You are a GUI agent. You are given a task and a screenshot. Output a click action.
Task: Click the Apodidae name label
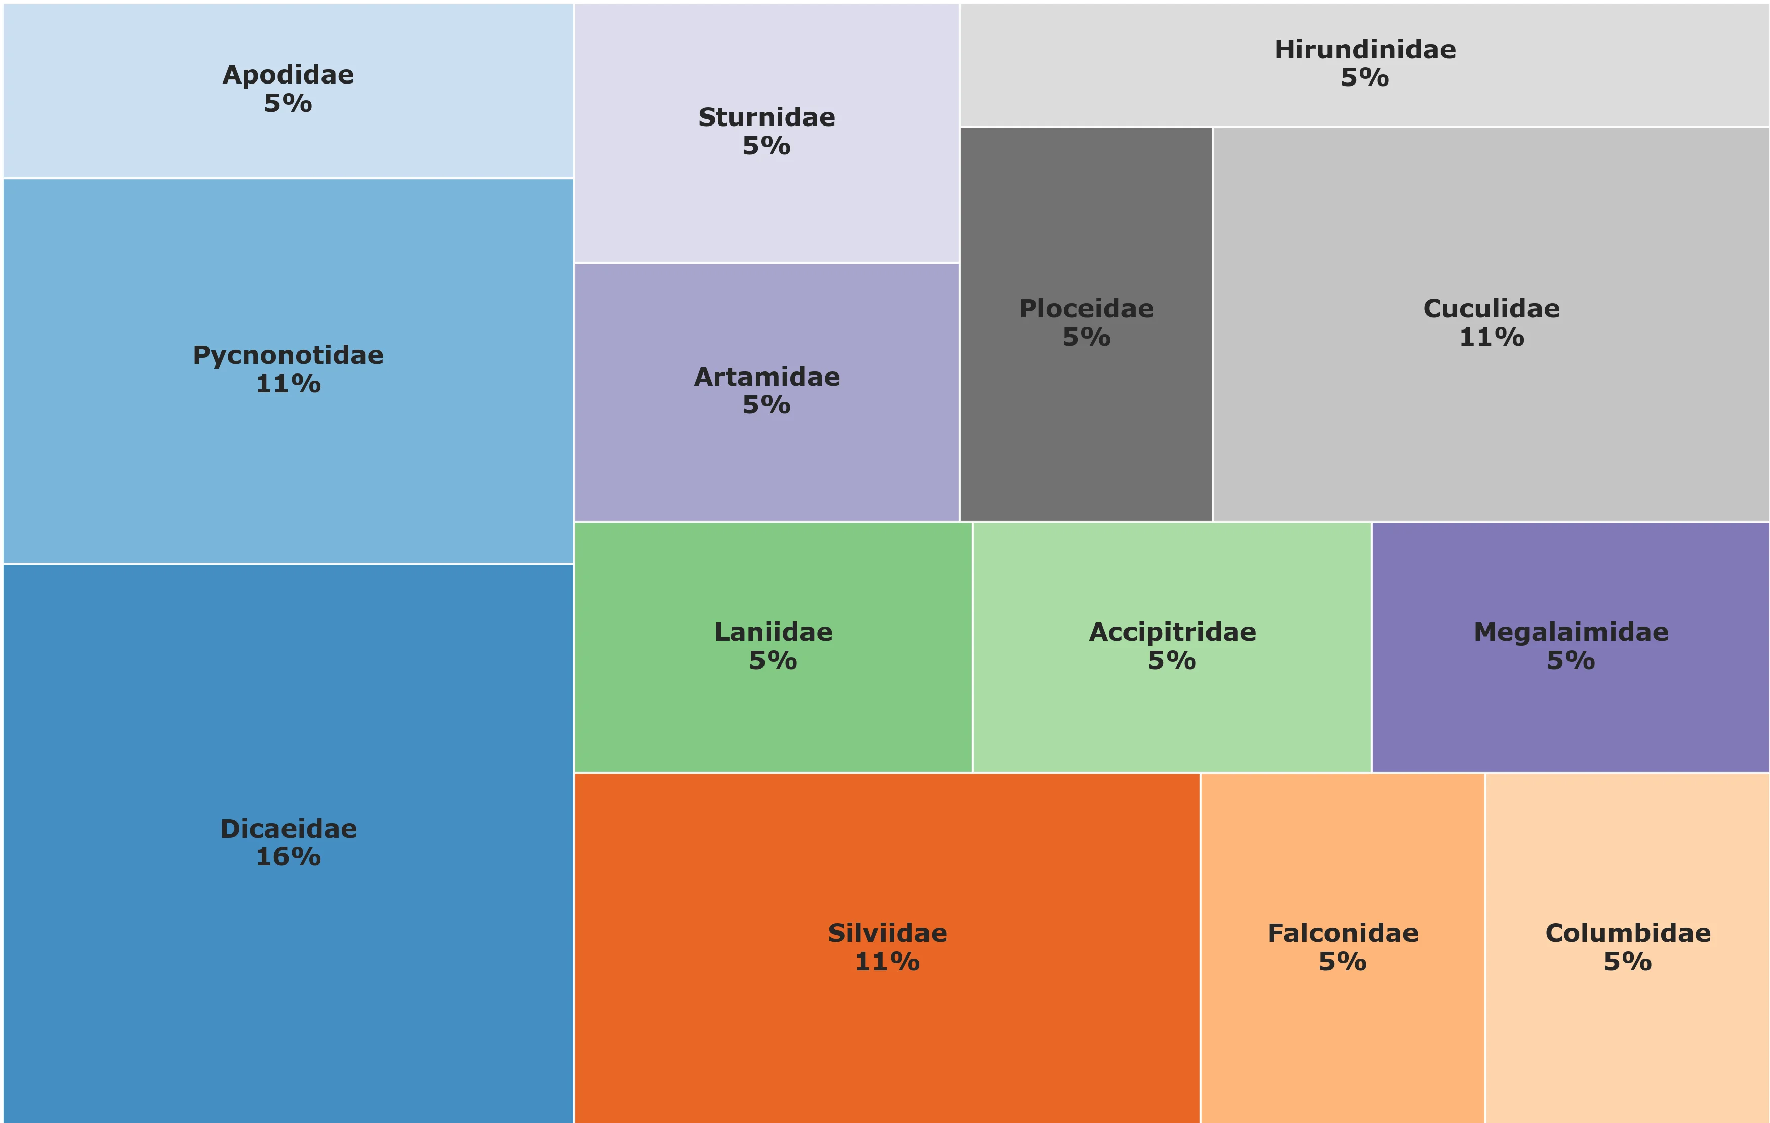pos(288,75)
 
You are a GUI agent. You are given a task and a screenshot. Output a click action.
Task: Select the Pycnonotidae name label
pos(288,356)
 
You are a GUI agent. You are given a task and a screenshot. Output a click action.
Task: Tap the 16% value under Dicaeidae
pos(288,857)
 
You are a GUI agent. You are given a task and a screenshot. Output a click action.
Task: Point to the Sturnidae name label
pos(767,117)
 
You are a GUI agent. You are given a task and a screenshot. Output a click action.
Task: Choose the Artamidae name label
pos(767,377)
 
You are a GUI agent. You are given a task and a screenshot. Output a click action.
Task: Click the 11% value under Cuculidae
pos(1492,338)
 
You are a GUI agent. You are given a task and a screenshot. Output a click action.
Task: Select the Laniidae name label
pos(773,632)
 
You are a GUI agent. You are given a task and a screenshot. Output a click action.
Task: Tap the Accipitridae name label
pos(1173,632)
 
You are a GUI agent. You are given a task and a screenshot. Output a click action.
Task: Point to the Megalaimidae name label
pos(1571,632)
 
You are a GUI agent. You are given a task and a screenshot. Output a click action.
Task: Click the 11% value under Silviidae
pos(887,962)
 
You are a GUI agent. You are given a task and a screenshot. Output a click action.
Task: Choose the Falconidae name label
pos(1343,933)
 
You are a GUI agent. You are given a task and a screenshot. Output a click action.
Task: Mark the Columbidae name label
pos(1628,933)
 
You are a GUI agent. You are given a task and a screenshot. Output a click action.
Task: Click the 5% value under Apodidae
pos(288,104)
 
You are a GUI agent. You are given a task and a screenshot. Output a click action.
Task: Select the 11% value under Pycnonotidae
pos(288,384)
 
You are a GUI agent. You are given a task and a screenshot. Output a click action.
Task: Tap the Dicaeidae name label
pos(288,829)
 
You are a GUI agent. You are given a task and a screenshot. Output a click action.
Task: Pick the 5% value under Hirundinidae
pos(1365,78)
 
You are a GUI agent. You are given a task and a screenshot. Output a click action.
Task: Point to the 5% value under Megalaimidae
pos(1571,661)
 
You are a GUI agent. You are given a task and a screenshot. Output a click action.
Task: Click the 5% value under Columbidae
pos(1628,962)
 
